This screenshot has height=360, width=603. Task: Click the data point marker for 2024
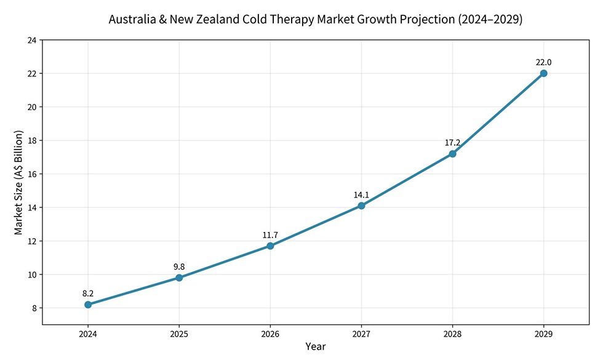point(88,305)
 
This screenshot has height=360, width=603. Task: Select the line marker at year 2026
point(270,246)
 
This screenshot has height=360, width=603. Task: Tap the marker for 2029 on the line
point(543,73)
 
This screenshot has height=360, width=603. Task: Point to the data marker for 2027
point(361,206)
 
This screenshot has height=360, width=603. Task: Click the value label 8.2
point(88,294)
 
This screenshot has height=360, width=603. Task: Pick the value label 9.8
point(179,266)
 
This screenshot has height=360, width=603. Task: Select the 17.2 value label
point(452,143)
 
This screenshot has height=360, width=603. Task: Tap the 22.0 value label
point(543,62)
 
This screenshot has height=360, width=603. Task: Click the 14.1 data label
point(361,195)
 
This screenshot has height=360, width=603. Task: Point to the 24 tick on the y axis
point(31,40)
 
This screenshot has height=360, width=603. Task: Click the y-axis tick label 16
point(31,174)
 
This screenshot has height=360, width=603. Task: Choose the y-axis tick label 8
point(34,308)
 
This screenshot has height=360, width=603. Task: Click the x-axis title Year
point(316,346)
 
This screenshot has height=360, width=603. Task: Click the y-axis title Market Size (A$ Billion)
point(18,182)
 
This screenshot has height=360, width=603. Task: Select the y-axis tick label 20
point(31,107)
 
